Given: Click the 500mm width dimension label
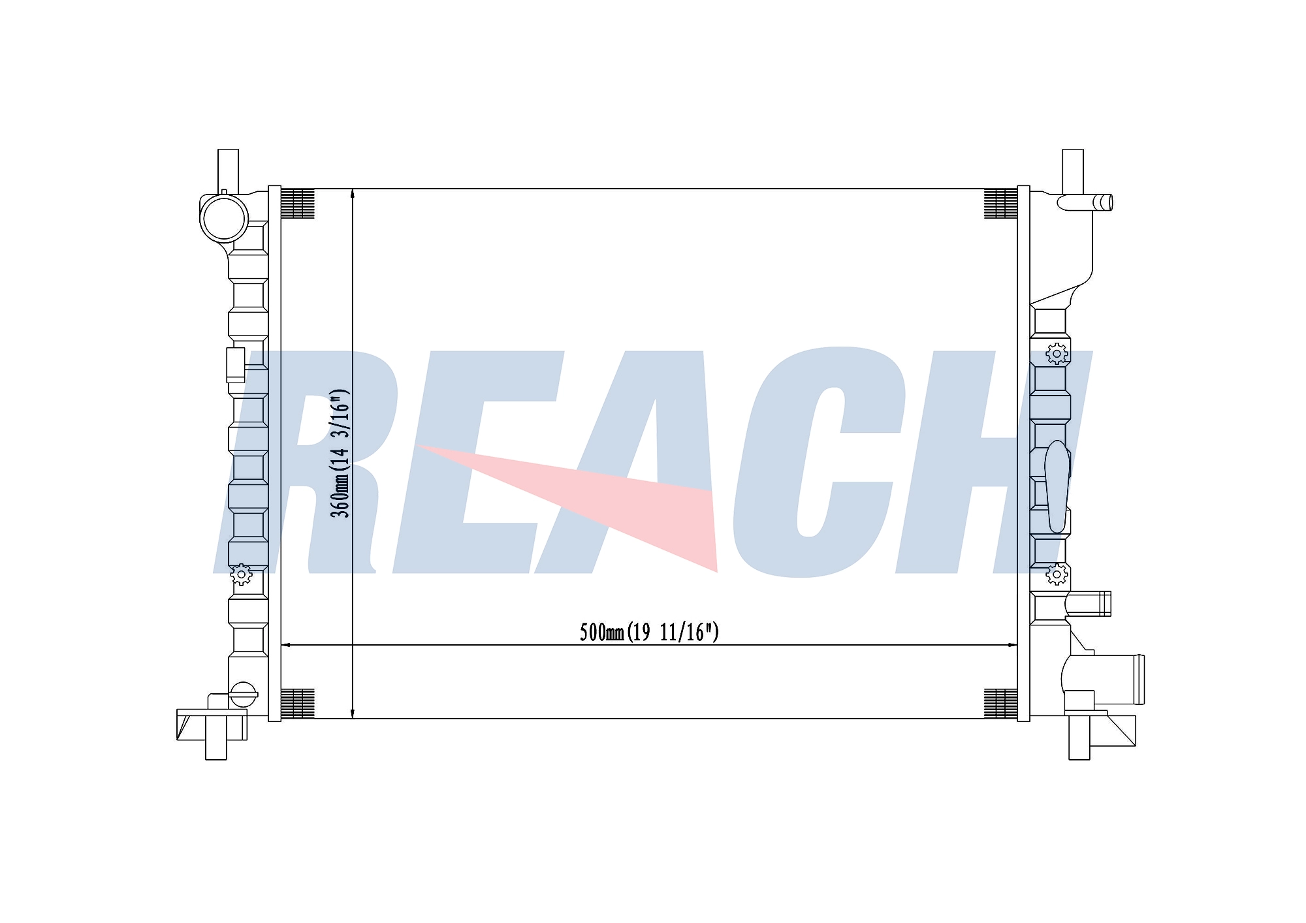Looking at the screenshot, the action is coord(649,632).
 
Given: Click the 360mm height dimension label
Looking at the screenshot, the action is coord(340,454).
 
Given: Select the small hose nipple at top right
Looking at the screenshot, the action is coord(1085,202).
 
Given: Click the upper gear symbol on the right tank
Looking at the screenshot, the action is coord(1057,354).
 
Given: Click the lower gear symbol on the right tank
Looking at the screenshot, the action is coord(1057,574).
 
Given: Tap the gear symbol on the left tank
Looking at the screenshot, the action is coord(242,574).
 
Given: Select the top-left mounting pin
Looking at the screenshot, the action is coord(228,170).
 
